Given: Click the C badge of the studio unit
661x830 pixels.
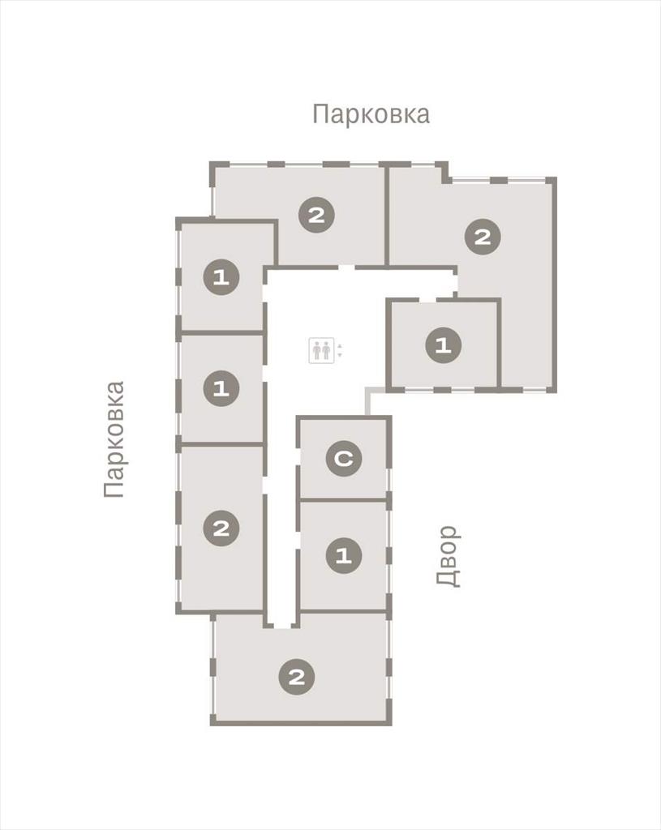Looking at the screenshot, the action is [x=344, y=458].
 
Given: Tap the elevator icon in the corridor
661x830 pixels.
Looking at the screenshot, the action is [x=321, y=350].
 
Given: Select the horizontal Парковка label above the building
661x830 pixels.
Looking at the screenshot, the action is [x=371, y=113].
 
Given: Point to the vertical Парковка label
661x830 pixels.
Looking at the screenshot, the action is [x=114, y=439].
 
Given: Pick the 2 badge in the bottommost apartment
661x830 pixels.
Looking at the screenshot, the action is [x=297, y=677].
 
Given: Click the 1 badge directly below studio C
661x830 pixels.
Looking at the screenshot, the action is [x=344, y=556].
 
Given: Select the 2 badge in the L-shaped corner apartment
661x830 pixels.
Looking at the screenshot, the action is [x=482, y=237].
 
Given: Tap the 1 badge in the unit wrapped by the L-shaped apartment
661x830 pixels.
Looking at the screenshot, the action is [x=443, y=345].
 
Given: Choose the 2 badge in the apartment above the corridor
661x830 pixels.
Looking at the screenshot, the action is [x=316, y=216].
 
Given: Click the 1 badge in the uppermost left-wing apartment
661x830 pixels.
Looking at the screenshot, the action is [x=221, y=277].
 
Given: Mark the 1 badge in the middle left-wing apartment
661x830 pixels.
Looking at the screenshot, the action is [x=221, y=389].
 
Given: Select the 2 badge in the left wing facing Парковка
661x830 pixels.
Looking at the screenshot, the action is [x=221, y=528].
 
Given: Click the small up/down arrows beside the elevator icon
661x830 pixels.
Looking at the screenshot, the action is [x=340, y=350].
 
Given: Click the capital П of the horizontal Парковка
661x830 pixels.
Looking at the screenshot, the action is [x=320, y=113].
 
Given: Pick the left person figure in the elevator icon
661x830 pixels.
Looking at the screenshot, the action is [x=317, y=350].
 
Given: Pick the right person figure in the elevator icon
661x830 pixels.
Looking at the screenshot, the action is [x=326, y=350].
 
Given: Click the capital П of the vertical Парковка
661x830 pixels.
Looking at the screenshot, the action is [x=114, y=490].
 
